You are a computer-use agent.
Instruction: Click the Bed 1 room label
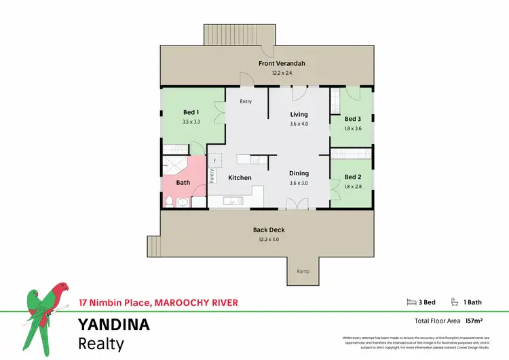tap(191, 111)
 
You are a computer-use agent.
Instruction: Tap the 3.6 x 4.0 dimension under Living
tap(299, 124)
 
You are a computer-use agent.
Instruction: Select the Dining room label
tap(299, 173)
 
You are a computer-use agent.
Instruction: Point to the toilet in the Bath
tap(169, 200)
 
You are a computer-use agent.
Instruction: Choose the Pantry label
tap(212, 177)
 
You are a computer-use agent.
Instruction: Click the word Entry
tap(246, 102)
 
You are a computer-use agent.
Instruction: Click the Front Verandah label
tap(282, 64)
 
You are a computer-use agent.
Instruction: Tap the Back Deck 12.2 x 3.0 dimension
tap(267, 239)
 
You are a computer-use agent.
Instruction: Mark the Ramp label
tap(303, 272)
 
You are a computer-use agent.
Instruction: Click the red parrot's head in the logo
tap(63, 287)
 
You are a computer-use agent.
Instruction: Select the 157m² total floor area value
tap(475, 319)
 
